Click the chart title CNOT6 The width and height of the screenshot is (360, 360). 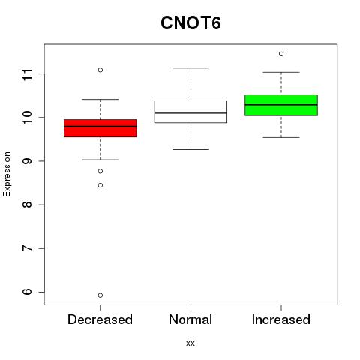190,23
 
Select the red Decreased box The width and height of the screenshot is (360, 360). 100,128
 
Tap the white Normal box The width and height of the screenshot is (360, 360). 190,112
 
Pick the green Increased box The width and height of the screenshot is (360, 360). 281,105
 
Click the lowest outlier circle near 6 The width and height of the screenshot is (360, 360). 100,295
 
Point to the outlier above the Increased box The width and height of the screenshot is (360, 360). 281,54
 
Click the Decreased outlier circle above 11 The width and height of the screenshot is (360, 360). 100,70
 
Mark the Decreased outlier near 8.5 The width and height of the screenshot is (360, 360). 100,185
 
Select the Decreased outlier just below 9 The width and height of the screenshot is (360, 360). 100,171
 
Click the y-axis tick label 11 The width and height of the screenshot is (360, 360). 27,74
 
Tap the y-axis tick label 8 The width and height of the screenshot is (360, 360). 27,205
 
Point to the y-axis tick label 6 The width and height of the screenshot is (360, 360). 27,292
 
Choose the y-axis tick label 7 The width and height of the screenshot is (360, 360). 27,248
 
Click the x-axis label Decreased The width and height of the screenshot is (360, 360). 100,319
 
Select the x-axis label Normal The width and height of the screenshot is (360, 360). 190,319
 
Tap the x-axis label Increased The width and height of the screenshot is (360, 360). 281,319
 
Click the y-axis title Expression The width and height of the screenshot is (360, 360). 7,174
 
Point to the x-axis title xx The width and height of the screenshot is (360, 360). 190,343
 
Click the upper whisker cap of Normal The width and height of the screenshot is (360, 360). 190,67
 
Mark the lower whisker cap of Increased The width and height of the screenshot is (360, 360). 281,137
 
